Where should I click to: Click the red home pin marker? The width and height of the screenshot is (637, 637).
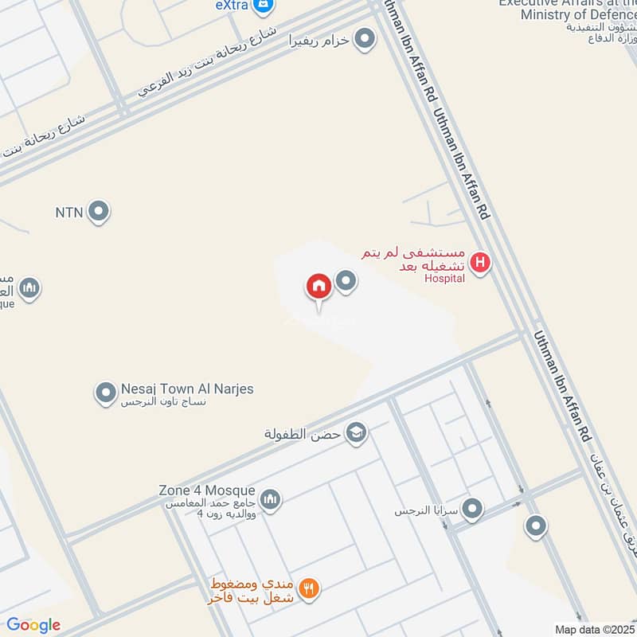(x=319, y=287)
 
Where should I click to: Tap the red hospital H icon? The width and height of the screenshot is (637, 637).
(x=479, y=261)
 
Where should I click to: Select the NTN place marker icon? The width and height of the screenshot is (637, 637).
(x=99, y=212)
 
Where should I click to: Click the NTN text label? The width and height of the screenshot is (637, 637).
(x=69, y=213)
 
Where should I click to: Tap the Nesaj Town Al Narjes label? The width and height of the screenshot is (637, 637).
(x=187, y=389)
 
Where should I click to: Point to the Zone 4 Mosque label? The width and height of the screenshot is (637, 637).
(x=206, y=490)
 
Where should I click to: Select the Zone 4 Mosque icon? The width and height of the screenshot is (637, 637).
(x=271, y=499)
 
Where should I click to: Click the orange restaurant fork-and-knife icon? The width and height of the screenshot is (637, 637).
(x=311, y=588)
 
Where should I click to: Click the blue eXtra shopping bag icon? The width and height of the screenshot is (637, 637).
(x=264, y=6)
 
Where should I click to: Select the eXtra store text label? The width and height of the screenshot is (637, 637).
(x=233, y=6)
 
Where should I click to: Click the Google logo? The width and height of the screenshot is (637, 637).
(x=33, y=625)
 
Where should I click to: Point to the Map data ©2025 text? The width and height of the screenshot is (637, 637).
(x=594, y=630)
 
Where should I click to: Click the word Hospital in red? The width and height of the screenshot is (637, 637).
(x=444, y=279)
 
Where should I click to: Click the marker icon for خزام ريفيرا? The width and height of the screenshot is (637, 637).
(x=365, y=38)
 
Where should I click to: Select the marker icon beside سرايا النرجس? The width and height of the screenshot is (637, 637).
(x=473, y=509)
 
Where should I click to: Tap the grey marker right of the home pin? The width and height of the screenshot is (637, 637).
(x=346, y=280)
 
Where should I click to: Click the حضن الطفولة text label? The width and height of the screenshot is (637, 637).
(x=303, y=434)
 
